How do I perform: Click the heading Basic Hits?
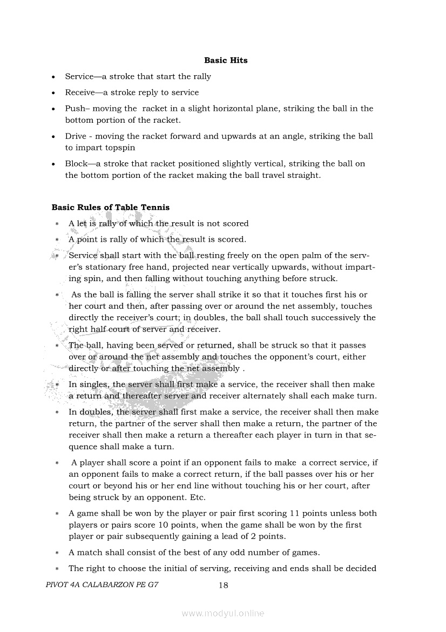pos(226,61)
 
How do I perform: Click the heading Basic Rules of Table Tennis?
pos(110,207)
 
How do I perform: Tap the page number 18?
pos(224,585)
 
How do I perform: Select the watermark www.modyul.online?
pos(223,613)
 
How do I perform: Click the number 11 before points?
pos(295,513)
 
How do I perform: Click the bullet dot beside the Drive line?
pos(53,136)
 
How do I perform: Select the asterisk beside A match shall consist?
pos(57,553)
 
